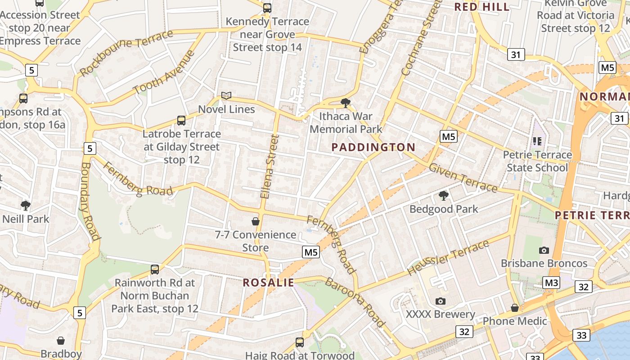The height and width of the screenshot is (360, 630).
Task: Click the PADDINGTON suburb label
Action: pos(373,147)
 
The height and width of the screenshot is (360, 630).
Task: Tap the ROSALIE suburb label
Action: pos(268,283)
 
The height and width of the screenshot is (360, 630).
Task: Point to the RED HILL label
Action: pos(481,7)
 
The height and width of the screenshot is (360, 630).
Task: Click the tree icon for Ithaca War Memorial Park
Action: pos(346,103)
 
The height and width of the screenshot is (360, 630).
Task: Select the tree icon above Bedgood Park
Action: pos(444,196)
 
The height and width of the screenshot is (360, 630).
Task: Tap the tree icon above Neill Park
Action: pos(26,206)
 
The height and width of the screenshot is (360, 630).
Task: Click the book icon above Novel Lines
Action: pos(226,95)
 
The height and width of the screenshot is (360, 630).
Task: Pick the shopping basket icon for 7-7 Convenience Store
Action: pos(256,221)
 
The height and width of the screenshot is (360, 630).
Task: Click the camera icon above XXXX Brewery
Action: pos(440,301)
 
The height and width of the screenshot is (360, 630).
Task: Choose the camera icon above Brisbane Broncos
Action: pos(544,250)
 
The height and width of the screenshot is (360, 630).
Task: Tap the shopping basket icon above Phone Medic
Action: pos(515,308)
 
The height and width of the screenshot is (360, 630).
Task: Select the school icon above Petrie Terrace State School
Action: pos(537,141)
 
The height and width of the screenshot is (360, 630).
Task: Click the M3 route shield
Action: pos(551,283)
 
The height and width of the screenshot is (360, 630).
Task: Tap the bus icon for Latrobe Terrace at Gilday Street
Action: pos(181,121)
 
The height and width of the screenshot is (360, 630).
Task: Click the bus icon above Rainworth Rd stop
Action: pos(155,270)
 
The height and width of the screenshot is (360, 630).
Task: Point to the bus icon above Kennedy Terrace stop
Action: pos(267,8)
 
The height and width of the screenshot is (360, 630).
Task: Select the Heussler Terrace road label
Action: pos(448,258)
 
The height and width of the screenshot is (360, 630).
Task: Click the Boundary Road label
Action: pos(90,201)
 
